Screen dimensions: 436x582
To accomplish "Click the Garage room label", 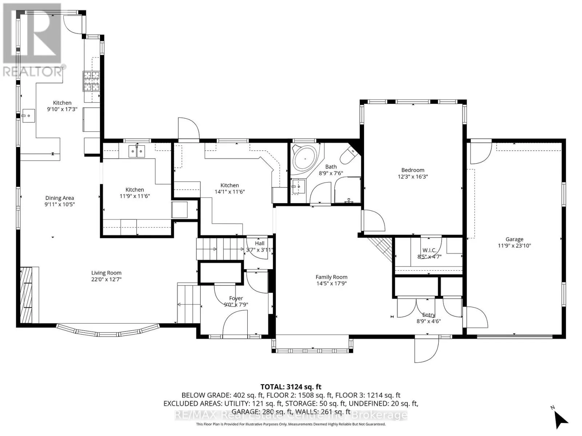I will (x=514, y=239).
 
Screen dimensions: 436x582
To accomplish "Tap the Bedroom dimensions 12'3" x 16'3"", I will (x=413, y=177).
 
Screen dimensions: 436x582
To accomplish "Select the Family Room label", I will (x=331, y=277).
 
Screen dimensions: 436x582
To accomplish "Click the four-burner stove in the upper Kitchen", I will (x=91, y=81).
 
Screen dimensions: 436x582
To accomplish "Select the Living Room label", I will (x=106, y=273).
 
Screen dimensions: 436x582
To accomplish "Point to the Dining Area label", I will (x=60, y=198).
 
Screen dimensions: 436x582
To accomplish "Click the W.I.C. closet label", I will (x=429, y=250).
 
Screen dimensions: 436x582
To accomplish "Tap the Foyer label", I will (x=236, y=298).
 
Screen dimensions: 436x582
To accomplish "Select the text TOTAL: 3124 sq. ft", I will (x=291, y=387).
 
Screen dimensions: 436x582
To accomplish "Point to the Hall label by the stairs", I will (x=260, y=243).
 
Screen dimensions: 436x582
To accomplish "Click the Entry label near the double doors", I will (x=428, y=315).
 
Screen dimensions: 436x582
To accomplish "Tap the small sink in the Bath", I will (x=298, y=187).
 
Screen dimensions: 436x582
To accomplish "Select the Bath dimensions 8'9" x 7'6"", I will (x=331, y=173).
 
